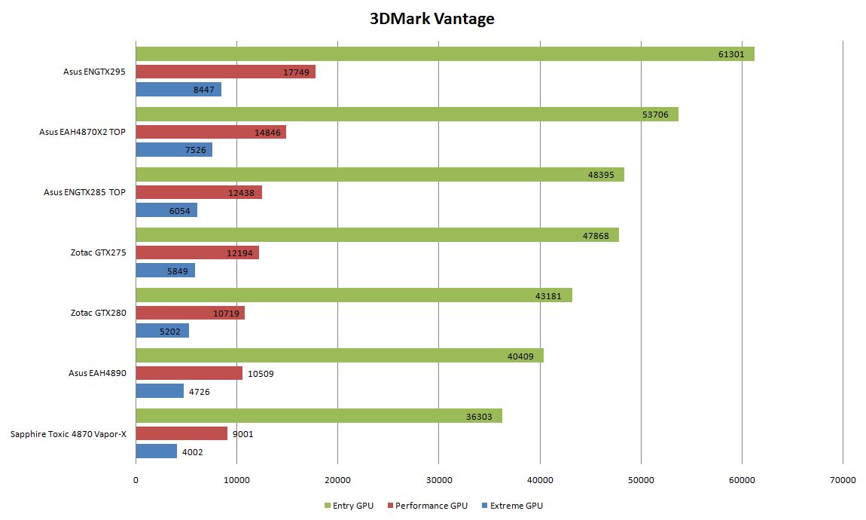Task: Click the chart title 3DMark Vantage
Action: click(x=431, y=19)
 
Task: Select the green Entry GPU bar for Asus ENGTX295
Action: click(x=444, y=54)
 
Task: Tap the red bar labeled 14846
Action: click(x=211, y=132)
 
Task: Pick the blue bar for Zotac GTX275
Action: click(x=165, y=270)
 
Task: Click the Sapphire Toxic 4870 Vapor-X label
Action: click(x=69, y=433)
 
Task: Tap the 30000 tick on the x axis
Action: click(x=438, y=480)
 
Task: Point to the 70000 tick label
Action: click(x=843, y=480)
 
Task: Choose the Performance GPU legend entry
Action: click(x=427, y=506)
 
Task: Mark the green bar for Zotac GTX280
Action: click(x=354, y=295)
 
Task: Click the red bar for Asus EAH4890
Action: click(x=189, y=373)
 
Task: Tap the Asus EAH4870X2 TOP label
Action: click(x=82, y=131)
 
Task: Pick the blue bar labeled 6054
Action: click(x=166, y=210)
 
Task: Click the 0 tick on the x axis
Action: click(x=136, y=480)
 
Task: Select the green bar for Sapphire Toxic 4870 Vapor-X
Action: click(x=319, y=415)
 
